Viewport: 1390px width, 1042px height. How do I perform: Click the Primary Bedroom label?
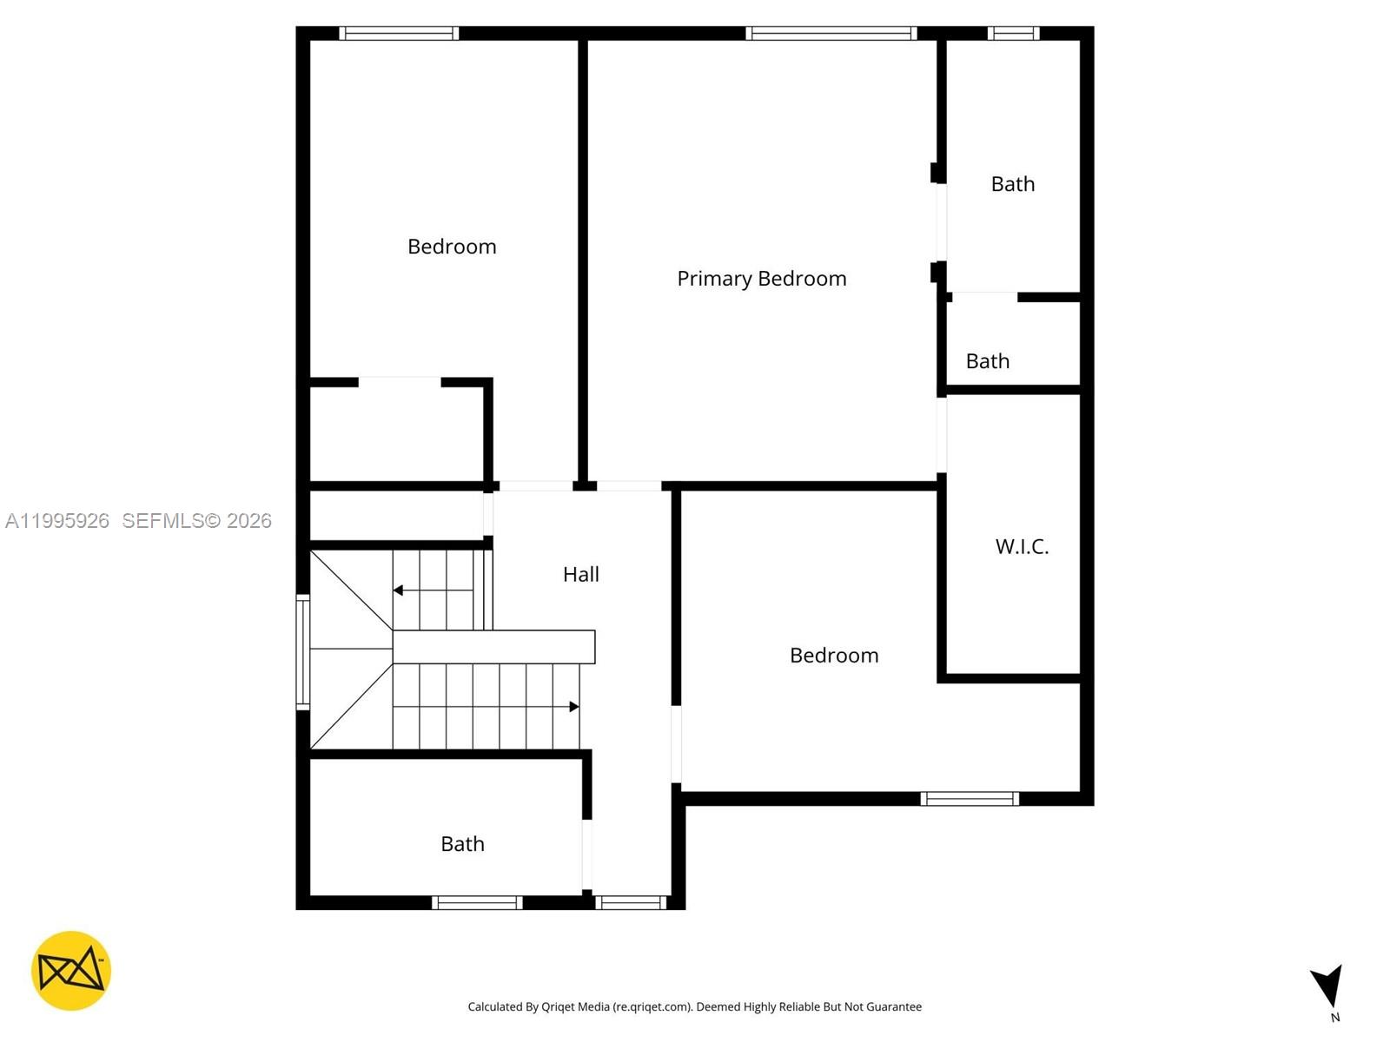point(761,279)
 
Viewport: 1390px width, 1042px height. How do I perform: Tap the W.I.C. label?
point(1022,546)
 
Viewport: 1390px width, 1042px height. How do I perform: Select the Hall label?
point(580,574)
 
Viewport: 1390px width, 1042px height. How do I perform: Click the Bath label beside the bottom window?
point(462,844)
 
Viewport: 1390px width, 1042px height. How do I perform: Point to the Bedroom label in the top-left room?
point(452,247)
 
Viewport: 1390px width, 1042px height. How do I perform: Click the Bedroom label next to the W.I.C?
point(834,656)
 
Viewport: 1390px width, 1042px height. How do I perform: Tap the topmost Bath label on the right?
point(1012,184)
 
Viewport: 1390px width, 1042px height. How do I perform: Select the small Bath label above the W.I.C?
point(987,361)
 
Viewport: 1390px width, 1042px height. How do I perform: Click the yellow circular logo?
point(71,971)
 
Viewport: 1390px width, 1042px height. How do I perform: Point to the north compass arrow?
point(1328,987)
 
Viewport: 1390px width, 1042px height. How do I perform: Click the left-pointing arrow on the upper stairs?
point(399,590)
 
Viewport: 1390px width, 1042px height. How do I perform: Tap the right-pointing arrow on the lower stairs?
point(573,707)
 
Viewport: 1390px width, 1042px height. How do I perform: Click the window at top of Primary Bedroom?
point(831,33)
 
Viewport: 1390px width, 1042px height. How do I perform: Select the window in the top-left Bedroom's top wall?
point(399,33)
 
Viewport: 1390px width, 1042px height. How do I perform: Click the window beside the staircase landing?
point(303,651)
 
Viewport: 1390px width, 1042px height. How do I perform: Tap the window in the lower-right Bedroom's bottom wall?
point(970,799)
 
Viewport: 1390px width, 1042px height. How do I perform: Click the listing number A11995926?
point(57,521)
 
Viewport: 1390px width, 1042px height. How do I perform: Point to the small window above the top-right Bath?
point(1013,33)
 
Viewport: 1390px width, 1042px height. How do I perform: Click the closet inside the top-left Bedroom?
point(397,432)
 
